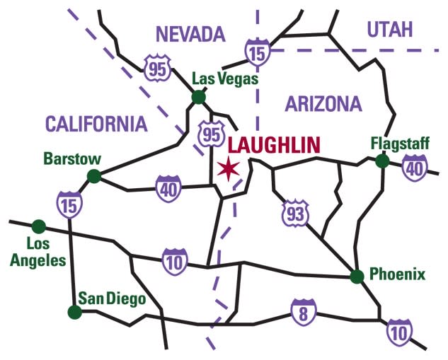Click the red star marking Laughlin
229,168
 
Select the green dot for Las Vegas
199,97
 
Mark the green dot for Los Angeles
39,226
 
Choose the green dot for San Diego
74,311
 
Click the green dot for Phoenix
357,276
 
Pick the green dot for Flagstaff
382,161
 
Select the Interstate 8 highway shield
303,312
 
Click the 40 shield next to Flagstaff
413,168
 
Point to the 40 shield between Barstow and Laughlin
170,187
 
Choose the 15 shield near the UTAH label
256,51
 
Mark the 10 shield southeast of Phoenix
398,332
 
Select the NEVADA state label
190,33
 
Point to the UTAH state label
390,29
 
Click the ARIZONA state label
323,105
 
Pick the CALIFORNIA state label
96,124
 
